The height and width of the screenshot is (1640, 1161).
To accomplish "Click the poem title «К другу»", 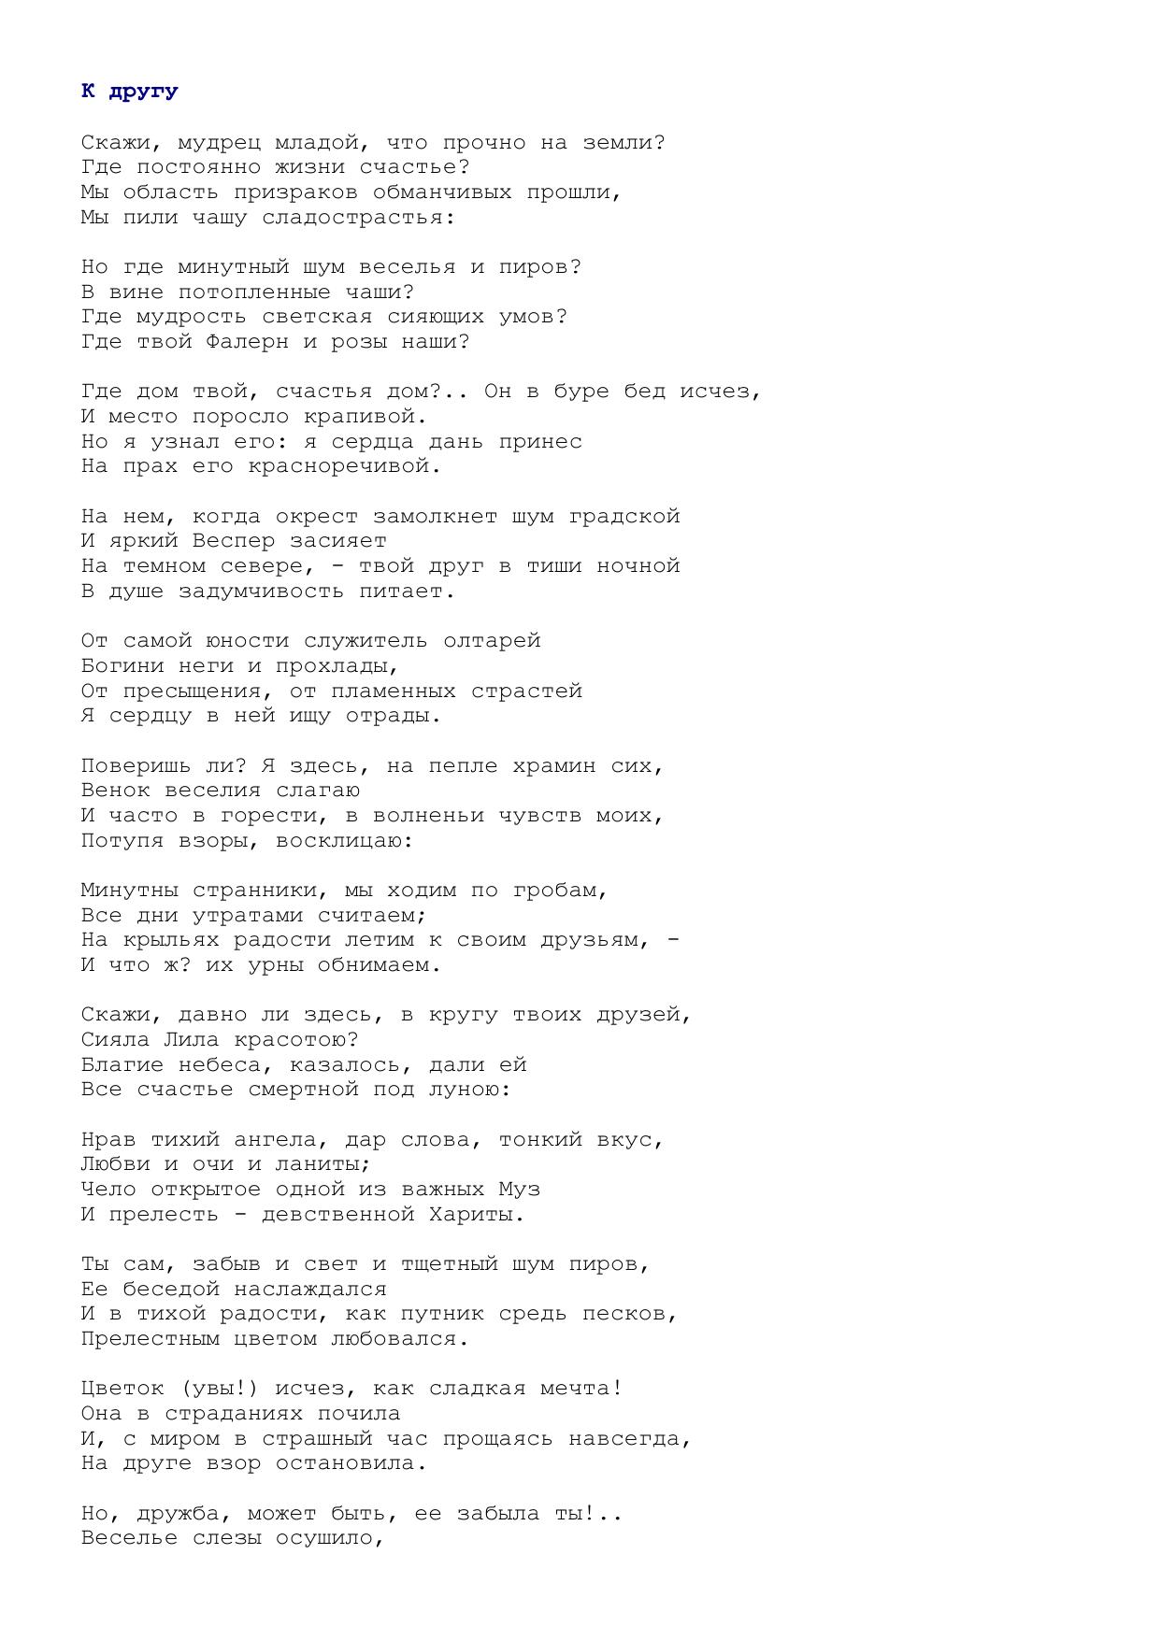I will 129,92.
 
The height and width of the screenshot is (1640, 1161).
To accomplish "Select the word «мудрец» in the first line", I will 219,143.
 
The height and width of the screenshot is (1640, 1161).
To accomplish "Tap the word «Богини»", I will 122,666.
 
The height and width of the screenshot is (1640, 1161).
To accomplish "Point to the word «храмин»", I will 552,766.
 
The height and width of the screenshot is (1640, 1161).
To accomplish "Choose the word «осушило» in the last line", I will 329,1538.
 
